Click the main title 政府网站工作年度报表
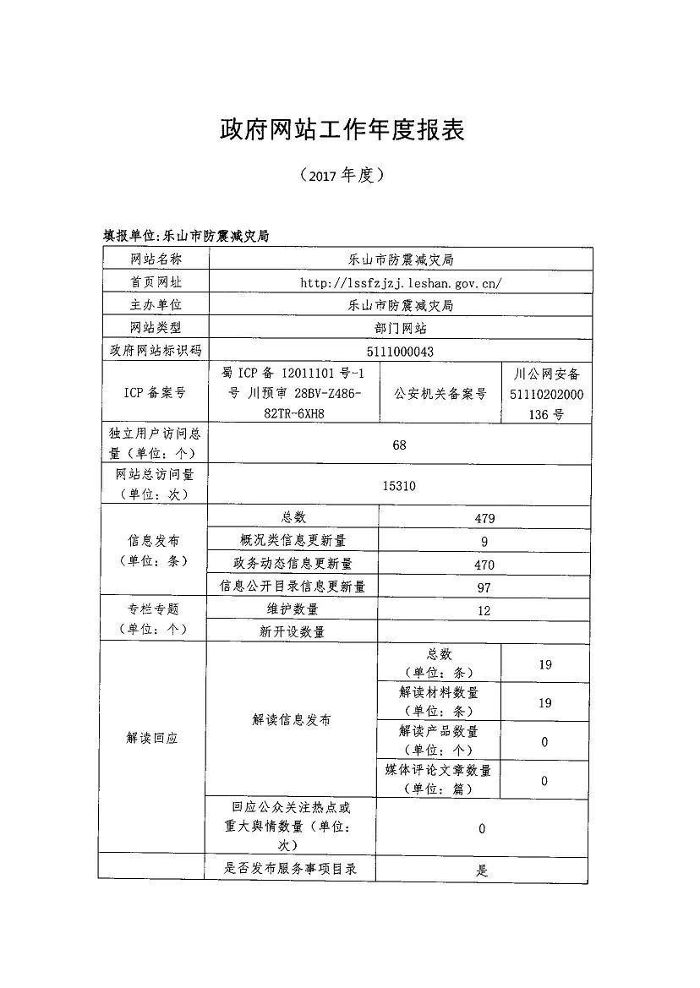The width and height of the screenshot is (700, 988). (342, 128)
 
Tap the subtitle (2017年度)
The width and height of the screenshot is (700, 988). (342, 175)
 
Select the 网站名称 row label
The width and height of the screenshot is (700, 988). (155, 259)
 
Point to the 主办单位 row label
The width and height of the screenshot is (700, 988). (155, 305)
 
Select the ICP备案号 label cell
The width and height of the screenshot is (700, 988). (155, 393)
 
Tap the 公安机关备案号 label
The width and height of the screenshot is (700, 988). (440, 393)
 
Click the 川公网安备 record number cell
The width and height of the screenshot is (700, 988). (546, 393)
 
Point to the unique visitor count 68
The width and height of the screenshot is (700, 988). (400, 445)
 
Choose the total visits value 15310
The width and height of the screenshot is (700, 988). (399, 486)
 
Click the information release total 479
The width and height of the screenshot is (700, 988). (484, 518)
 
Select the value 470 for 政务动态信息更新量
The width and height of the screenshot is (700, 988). (484, 565)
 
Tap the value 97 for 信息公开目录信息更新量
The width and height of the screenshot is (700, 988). (484, 587)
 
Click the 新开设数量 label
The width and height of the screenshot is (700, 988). (293, 631)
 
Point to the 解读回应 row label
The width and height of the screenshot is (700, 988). (152, 738)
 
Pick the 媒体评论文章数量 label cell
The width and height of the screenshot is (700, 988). (438, 779)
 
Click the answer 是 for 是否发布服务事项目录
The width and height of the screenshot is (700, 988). (482, 870)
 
